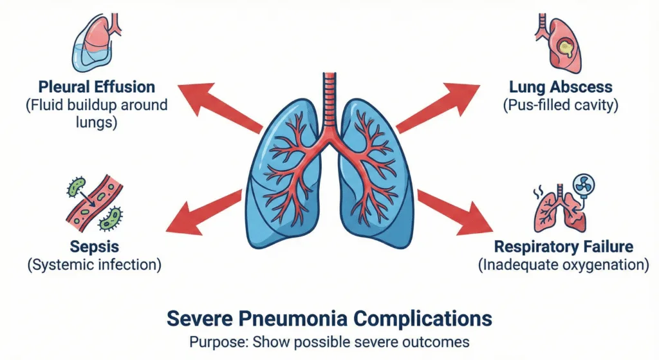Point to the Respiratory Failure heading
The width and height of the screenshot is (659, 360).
click(563, 247)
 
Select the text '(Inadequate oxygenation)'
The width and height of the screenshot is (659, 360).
click(563, 264)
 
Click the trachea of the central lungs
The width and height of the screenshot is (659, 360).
click(330, 103)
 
